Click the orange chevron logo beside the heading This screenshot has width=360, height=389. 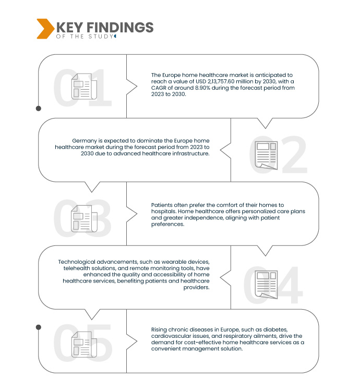44,29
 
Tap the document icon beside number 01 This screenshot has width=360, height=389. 81,87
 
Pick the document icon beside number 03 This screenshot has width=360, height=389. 81,218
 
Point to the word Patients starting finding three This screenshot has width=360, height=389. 162,204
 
